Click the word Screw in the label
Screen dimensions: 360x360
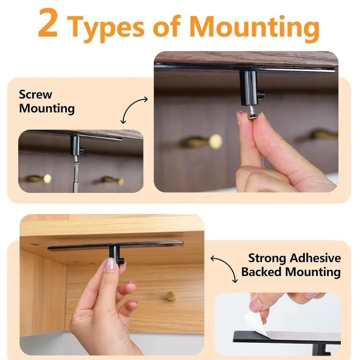coord(36,95)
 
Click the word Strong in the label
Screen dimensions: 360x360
coord(267,258)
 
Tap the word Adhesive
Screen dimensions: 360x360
coord(315,258)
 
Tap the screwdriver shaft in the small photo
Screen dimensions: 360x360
coord(76,175)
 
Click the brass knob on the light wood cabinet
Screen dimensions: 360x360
coord(171,296)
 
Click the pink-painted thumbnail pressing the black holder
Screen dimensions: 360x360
coord(111,264)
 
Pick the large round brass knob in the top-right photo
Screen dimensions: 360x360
coord(216,141)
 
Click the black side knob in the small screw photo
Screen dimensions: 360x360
coord(81,151)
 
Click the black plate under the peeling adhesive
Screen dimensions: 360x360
coord(287,337)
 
